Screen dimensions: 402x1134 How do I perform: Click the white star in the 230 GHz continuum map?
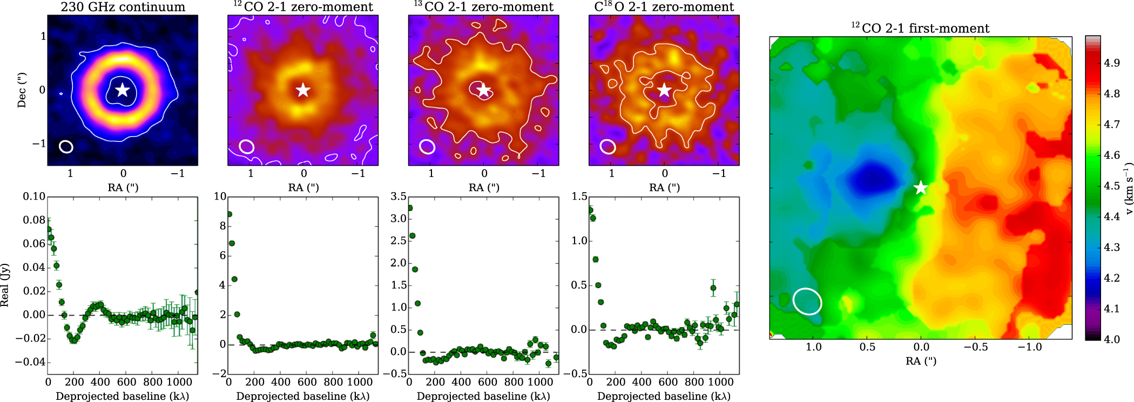(x=123, y=90)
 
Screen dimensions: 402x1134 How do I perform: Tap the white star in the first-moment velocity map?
(x=921, y=188)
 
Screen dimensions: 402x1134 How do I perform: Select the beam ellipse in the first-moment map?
(x=807, y=301)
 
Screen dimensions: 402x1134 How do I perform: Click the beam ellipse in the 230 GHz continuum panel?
(x=66, y=146)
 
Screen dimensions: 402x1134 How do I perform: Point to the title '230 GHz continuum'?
(x=123, y=7)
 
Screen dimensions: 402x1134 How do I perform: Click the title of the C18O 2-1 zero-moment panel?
(x=664, y=7)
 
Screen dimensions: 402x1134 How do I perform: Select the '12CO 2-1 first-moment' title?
(x=920, y=28)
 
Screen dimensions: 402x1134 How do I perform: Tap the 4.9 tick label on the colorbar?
(x=1112, y=63)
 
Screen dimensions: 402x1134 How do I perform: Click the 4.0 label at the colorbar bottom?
(x=1112, y=339)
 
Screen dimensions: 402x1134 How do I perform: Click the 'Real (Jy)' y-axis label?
(x=5, y=285)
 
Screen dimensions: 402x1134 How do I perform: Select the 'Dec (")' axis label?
(x=22, y=90)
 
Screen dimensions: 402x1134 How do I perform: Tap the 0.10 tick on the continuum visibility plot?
(x=34, y=196)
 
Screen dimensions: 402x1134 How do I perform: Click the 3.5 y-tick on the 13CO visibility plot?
(x=399, y=196)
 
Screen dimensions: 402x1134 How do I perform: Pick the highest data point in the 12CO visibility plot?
(x=229, y=214)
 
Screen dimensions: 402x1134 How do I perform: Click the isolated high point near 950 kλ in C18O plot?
(x=713, y=288)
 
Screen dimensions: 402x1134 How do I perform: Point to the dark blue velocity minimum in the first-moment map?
(x=870, y=177)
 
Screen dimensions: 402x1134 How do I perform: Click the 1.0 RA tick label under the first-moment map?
(x=813, y=347)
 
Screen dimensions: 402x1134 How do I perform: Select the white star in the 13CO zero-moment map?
(x=483, y=90)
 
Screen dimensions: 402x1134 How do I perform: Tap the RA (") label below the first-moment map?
(x=921, y=361)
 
